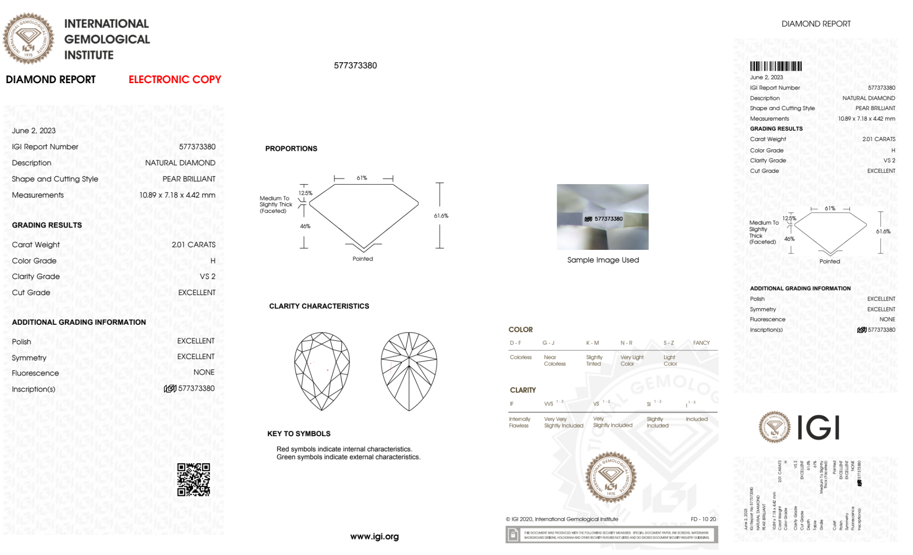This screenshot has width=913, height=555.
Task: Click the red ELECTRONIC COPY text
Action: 175,79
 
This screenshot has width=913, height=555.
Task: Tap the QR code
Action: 193,480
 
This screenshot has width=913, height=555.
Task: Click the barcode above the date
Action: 776,66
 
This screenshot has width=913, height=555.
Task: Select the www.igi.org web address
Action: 374,537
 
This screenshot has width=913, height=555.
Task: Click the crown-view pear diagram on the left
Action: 322,371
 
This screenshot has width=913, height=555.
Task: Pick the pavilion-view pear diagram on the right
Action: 409,371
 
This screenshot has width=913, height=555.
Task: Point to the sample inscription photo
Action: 602,217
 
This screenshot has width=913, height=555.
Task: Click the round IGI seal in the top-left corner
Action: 28,39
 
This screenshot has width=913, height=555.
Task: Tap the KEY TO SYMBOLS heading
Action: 299,433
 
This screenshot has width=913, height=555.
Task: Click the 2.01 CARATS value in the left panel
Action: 193,245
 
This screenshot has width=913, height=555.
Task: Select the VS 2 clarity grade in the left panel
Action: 208,276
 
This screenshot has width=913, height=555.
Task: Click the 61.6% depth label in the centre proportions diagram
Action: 441,216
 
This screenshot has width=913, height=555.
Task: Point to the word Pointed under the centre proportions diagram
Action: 363,259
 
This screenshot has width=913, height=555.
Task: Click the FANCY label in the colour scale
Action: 701,343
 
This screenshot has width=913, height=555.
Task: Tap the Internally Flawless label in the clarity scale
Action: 519,422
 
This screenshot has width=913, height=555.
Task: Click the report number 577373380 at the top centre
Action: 355,65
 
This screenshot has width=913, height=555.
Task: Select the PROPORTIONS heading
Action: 291,148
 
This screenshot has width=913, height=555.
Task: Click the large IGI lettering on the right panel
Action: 819,428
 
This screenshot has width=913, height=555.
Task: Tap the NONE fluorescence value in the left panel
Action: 204,372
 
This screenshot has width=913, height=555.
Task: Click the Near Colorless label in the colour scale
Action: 554,360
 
